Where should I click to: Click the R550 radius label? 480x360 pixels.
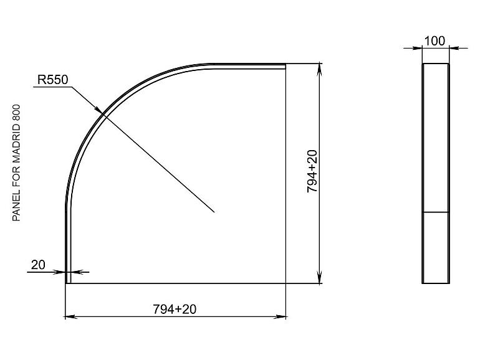tap(52, 80)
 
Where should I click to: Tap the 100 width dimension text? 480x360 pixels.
tap(435, 41)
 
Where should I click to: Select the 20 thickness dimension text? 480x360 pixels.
tap(38, 265)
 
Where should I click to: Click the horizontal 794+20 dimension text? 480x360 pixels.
tap(175, 309)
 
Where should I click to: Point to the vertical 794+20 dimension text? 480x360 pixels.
tap(312, 171)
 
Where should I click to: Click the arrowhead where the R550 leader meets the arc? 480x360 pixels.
tap(97, 109)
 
